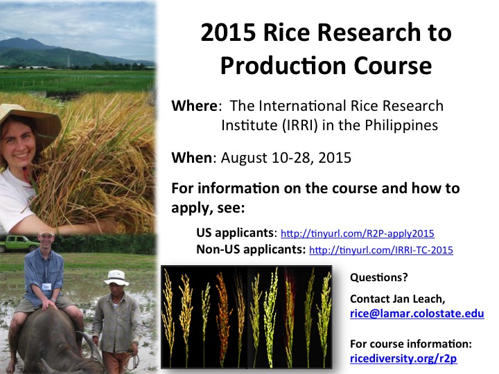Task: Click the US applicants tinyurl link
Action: click(358, 233)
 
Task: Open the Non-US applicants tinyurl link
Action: click(381, 250)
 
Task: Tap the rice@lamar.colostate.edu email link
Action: click(417, 314)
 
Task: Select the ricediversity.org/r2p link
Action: click(403, 359)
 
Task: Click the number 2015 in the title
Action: click(228, 33)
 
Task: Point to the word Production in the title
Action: click(283, 66)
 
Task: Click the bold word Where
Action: click(195, 106)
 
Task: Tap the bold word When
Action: click(191, 158)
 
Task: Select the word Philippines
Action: click(401, 125)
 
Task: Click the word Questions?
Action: click(378, 278)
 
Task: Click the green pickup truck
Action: click(19, 243)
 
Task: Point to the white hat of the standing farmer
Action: click(116, 278)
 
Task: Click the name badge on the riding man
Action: click(46, 286)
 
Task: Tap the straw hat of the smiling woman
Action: click(30, 119)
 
